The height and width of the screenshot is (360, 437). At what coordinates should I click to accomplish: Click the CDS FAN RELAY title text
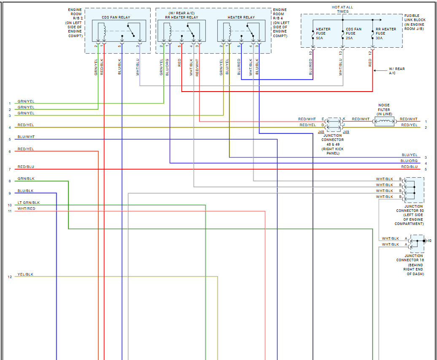(x=116, y=17)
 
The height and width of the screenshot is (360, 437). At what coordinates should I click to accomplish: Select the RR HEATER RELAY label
(x=181, y=17)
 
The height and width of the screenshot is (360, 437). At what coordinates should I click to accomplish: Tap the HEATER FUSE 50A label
(x=323, y=34)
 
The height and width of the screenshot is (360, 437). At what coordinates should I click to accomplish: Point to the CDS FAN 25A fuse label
(x=353, y=34)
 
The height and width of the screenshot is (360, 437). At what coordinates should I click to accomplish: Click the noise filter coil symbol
(x=384, y=122)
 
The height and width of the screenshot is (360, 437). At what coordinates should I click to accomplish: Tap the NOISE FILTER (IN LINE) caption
(x=384, y=110)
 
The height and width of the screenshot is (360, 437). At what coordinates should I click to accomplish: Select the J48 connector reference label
(x=321, y=132)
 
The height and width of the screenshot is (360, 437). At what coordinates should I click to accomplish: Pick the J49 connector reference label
(x=346, y=132)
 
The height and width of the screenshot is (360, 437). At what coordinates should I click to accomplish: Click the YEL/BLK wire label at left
(x=25, y=274)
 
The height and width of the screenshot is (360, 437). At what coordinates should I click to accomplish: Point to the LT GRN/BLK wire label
(x=29, y=203)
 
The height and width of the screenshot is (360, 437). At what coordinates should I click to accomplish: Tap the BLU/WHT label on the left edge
(x=26, y=137)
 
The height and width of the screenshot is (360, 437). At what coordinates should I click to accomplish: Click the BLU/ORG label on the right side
(x=409, y=161)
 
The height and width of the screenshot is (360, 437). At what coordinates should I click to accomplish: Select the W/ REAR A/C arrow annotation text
(x=397, y=71)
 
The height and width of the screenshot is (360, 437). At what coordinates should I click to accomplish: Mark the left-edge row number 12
(x=10, y=277)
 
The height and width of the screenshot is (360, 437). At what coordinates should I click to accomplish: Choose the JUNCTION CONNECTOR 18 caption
(x=414, y=265)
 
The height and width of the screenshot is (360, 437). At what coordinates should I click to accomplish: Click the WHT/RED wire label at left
(x=26, y=208)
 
